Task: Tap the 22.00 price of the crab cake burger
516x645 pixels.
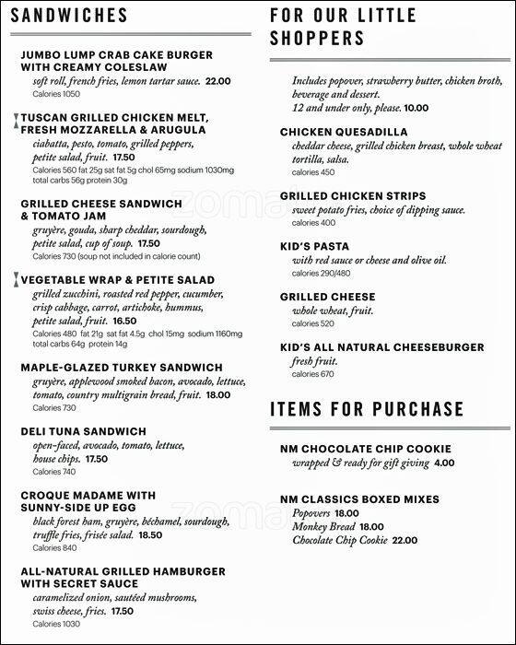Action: (218, 81)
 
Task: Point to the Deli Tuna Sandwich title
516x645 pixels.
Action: (84, 431)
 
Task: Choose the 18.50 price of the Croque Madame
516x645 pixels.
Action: (150, 534)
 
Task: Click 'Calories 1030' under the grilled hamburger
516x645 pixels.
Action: (55, 624)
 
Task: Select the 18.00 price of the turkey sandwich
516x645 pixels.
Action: (217, 394)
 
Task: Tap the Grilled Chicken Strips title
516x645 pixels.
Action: (353, 196)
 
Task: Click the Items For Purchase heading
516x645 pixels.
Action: (367, 409)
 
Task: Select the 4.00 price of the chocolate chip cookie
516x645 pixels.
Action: (444, 463)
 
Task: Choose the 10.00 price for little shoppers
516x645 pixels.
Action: (416, 108)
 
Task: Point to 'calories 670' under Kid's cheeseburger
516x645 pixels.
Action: (314, 374)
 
